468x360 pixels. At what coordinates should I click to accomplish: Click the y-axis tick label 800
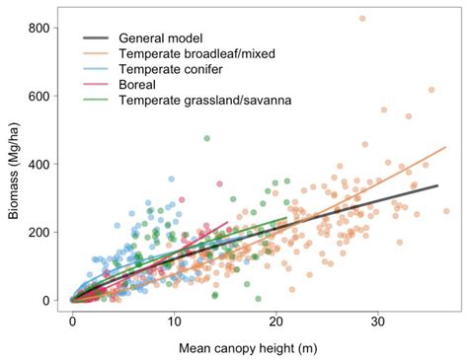[x=40, y=28]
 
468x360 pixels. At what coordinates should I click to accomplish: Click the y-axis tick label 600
[x=40, y=96]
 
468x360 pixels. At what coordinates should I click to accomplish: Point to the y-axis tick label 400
[x=40, y=164]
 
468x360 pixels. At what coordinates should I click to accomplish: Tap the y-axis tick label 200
[x=40, y=232]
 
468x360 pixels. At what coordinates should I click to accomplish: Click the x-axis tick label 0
[x=72, y=322]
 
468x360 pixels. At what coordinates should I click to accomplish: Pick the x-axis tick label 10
[x=174, y=322]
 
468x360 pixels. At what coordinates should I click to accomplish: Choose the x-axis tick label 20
[x=275, y=322]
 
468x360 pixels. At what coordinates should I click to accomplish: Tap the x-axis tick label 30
[x=377, y=322]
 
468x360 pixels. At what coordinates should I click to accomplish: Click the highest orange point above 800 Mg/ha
[x=362, y=19]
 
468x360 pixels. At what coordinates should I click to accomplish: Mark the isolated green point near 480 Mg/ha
[x=206, y=138]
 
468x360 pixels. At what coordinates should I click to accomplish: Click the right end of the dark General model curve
[x=437, y=185]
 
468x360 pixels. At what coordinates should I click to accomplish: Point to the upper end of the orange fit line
[x=445, y=148]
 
